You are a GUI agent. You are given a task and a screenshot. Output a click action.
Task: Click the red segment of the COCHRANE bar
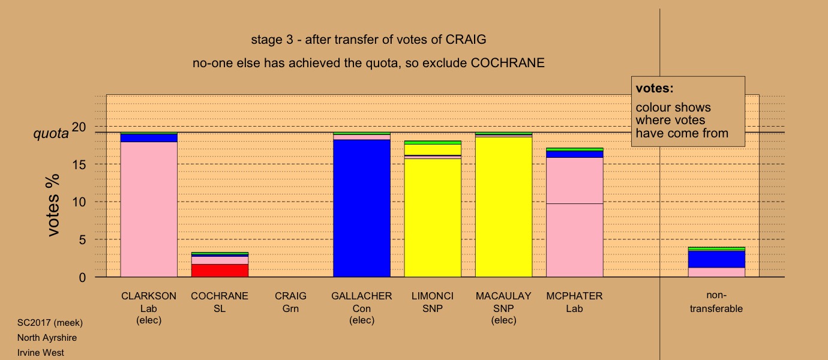[x=220, y=270]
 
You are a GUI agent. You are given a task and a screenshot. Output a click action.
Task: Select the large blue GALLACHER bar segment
[x=362, y=208]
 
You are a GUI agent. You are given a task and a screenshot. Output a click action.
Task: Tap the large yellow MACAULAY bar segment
[x=503, y=207]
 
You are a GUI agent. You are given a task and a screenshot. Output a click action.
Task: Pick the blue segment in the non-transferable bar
[x=716, y=259]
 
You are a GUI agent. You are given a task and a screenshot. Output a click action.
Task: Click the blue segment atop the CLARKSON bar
[x=149, y=138]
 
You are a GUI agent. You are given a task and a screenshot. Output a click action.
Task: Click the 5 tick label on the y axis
[x=82, y=240]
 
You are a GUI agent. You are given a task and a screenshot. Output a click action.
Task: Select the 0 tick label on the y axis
[x=82, y=278]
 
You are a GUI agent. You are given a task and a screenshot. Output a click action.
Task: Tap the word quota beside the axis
[x=51, y=133]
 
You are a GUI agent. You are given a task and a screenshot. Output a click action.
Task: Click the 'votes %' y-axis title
[x=53, y=205]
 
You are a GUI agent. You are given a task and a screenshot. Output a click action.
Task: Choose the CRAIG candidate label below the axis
[x=290, y=296]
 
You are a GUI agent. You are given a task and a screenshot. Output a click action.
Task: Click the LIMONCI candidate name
[x=433, y=296]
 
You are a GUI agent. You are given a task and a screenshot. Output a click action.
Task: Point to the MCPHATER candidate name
[x=574, y=296]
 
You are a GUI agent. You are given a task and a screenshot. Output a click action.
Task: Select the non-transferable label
[x=716, y=302]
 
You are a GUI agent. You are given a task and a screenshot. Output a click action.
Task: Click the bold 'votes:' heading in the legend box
[x=655, y=88]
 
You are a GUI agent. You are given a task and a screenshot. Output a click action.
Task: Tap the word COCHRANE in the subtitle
[x=508, y=63]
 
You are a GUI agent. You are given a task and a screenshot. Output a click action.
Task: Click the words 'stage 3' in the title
[x=272, y=40]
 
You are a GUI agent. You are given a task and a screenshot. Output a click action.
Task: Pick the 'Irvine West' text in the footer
[x=41, y=353]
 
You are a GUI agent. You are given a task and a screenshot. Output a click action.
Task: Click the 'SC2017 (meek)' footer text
[x=50, y=323]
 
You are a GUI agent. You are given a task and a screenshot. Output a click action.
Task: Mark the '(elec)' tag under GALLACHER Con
[x=362, y=320]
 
